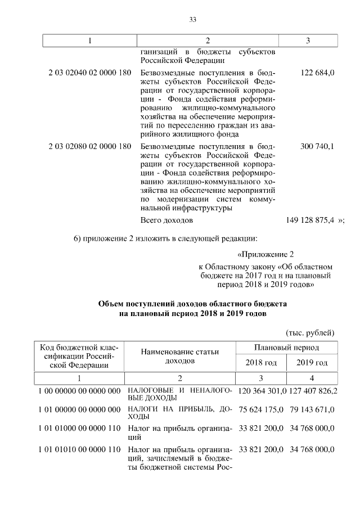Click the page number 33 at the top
tap(192, 20)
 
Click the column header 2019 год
tap(312, 363)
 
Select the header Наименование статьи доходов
tap(179, 355)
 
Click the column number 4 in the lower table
tap(312, 378)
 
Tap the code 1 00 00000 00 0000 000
tap(79, 390)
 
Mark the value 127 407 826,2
tap(313, 390)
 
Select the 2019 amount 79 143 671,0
tap(313, 410)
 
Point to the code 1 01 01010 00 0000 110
tap(79, 449)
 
